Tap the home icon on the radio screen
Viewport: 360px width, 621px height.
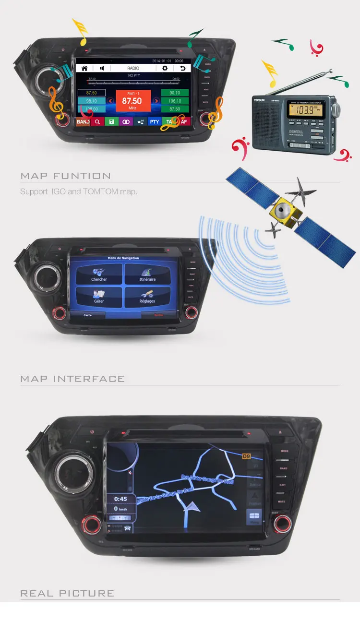pyautogui.click(x=84, y=68)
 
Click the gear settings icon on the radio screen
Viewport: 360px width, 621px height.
pyautogui.click(x=165, y=68)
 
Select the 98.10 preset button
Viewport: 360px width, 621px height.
pyautogui.click(x=91, y=101)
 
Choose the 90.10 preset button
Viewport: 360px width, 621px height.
pyautogui.click(x=175, y=93)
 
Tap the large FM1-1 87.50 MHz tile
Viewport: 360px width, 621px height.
pyautogui.click(x=132, y=101)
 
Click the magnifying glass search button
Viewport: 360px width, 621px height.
pyautogui.click(x=97, y=122)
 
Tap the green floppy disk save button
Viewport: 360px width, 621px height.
pyautogui.click(x=111, y=122)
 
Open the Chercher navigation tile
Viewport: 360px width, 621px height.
pyautogui.click(x=99, y=274)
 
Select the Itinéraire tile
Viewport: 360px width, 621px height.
pyautogui.click(x=147, y=274)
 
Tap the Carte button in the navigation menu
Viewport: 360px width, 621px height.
pyautogui.click(x=87, y=315)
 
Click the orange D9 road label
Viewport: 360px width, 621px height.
pyautogui.click(x=246, y=456)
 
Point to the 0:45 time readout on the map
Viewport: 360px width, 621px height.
pyautogui.click(x=120, y=499)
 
